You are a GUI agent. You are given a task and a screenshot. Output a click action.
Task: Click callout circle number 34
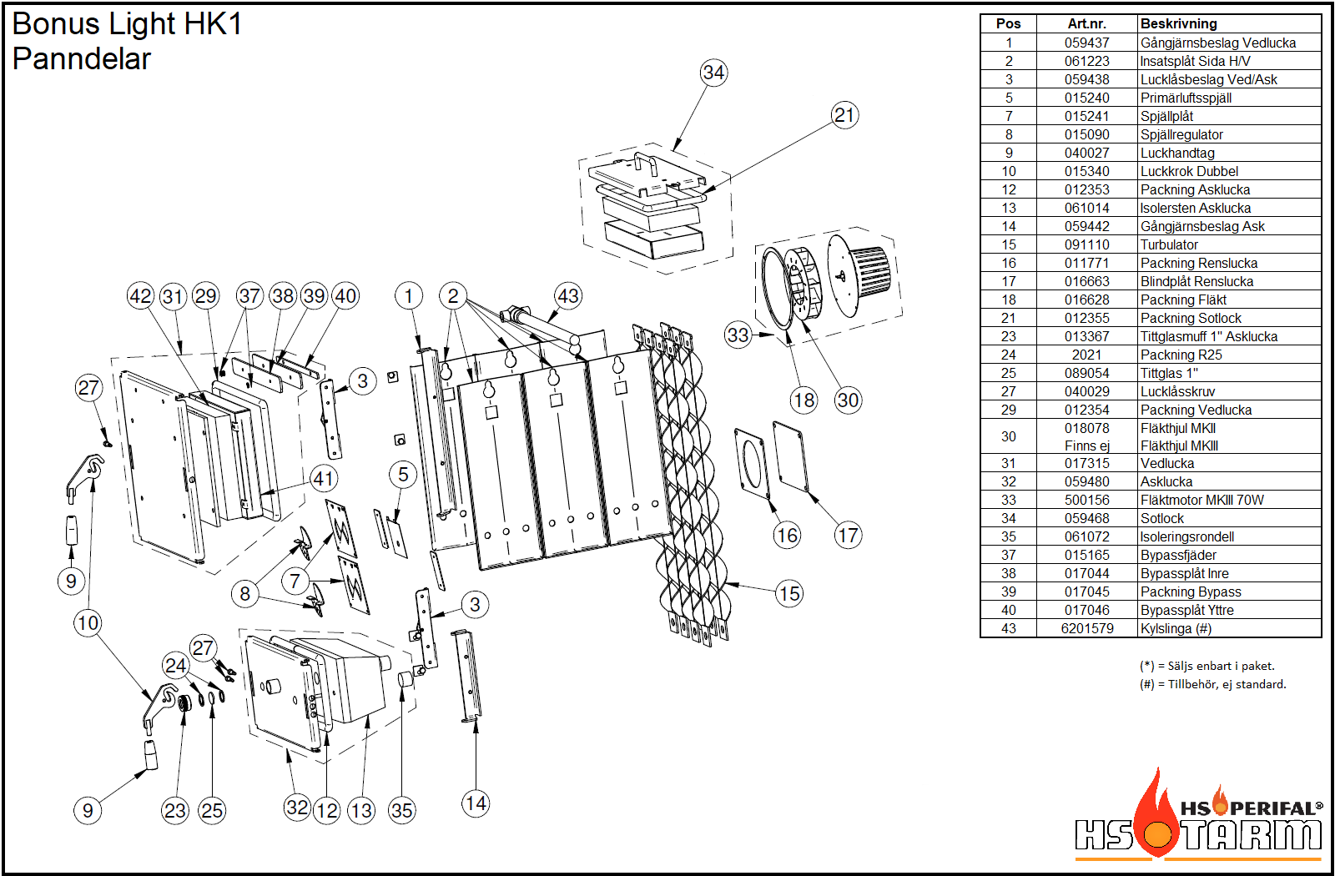coord(713,73)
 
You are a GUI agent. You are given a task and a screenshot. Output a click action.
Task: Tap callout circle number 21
coord(844,115)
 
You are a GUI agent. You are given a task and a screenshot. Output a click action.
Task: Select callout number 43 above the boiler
coord(568,295)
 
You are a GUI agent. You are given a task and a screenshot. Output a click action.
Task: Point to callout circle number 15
coord(788,594)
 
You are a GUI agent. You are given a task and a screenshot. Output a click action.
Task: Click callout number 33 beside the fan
coord(738,335)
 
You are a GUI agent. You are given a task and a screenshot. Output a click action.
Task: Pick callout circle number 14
coord(476,803)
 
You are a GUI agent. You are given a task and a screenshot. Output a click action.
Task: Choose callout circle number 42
coord(140,295)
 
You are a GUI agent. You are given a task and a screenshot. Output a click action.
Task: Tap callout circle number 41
coord(324,479)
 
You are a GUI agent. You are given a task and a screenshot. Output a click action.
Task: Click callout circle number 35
coord(401,810)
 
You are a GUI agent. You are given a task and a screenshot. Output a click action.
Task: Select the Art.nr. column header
coord(1086,24)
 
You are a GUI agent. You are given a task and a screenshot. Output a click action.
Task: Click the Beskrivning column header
coord(1178,24)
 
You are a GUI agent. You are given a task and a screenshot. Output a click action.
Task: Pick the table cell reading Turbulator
coord(1169,244)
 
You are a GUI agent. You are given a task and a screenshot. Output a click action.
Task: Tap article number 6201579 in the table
coord(1086,628)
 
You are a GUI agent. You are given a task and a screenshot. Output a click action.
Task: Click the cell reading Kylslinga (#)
coord(1176,628)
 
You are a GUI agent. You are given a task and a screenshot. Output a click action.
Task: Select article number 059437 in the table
coord(1086,43)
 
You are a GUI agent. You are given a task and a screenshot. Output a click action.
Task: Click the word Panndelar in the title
coord(82,59)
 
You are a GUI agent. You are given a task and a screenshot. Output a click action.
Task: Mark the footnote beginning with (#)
coord(1212,684)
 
